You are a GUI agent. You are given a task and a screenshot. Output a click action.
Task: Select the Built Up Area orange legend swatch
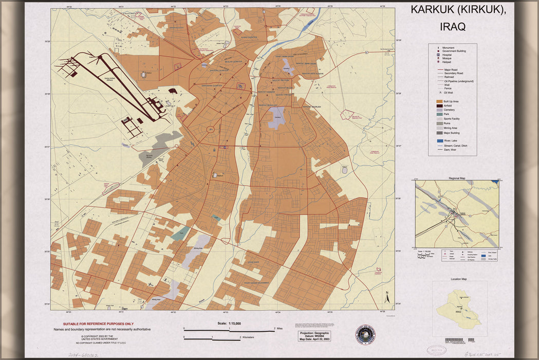tap(439, 101)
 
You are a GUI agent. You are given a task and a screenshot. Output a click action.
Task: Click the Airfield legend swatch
tap(439, 105)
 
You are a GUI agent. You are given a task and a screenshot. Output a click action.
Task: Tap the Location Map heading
tap(459, 279)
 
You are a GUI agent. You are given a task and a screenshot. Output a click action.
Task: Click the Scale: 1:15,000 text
tap(229, 323)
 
